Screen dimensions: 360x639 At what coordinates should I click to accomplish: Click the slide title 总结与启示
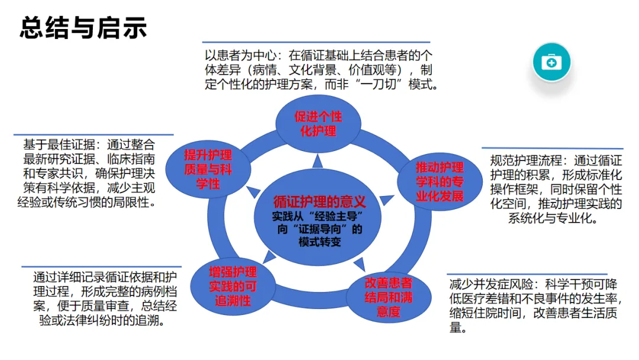pyautogui.click(x=83, y=28)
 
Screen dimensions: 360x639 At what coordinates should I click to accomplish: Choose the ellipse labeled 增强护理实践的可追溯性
pyautogui.click(x=233, y=286)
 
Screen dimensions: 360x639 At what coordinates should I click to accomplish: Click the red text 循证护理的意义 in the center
pyautogui.click(x=319, y=201)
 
